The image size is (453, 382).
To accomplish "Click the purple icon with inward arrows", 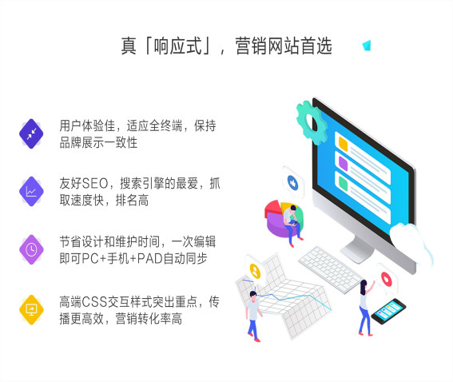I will tap(31, 133).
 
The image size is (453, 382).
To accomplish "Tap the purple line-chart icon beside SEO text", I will tap(31, 191).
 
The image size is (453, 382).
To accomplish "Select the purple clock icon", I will tap(31, 249).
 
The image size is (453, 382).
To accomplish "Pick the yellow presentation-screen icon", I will tap(31, 309).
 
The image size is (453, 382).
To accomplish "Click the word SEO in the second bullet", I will tap(96, 183).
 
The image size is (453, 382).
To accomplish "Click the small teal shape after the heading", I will tap(367, 45).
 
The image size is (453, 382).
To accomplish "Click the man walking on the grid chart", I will tap(252, 313).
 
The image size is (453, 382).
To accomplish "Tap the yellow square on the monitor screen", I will tap(344, 143).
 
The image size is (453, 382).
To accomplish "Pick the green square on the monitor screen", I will tap(342, 183).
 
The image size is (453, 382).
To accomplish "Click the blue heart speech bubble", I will tap(293, 182).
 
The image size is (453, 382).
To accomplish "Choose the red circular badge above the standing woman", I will tap(387, 278).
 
